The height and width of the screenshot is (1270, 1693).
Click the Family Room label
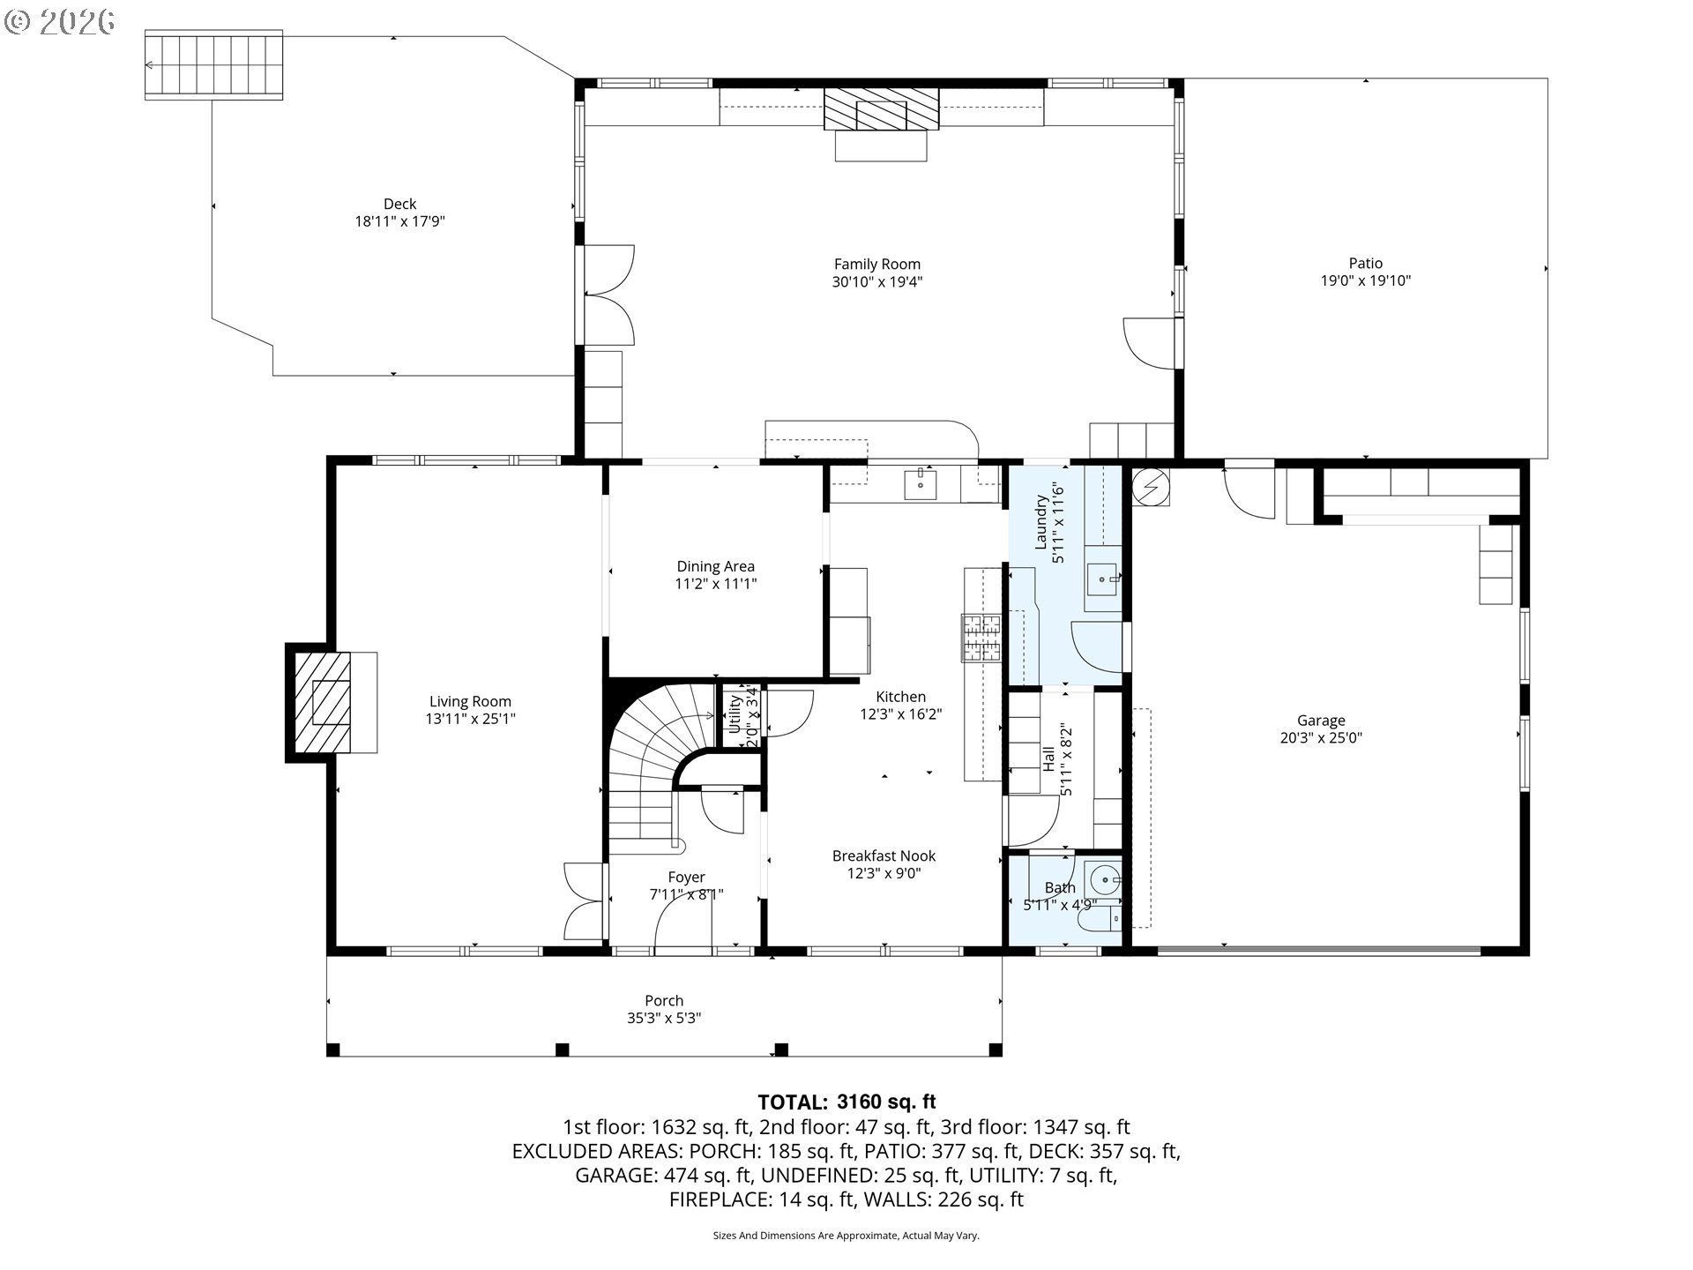(876, 264)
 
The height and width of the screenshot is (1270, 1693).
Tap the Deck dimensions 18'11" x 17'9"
(399, 221)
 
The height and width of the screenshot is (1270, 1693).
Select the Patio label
(1365, 263)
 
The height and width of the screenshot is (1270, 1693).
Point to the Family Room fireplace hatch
(881, 109)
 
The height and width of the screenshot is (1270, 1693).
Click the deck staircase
(214, 64)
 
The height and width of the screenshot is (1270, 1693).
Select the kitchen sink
(920, 484)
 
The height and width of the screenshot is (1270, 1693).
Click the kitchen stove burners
(981, 638)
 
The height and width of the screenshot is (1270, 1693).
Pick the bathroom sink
(1103, 879)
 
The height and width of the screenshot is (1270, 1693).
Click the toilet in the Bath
(1099, 920)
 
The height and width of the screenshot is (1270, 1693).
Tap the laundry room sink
(1100, 579)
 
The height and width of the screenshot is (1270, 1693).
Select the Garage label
(1320, 720)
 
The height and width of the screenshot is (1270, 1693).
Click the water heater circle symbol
(1150, 486)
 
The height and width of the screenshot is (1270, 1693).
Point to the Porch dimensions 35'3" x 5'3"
(663, 1018)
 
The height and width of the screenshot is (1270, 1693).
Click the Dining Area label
(715, 566)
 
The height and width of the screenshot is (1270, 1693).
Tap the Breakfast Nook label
(884, 855)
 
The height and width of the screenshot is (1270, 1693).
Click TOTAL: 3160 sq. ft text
(846, 1102)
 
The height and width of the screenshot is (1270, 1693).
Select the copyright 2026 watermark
(60, 21)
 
